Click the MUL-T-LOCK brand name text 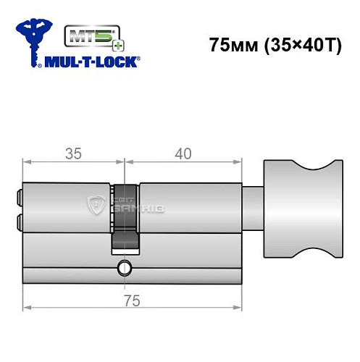[93, 62]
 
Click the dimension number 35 [71, 154]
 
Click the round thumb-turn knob [301, 211]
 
